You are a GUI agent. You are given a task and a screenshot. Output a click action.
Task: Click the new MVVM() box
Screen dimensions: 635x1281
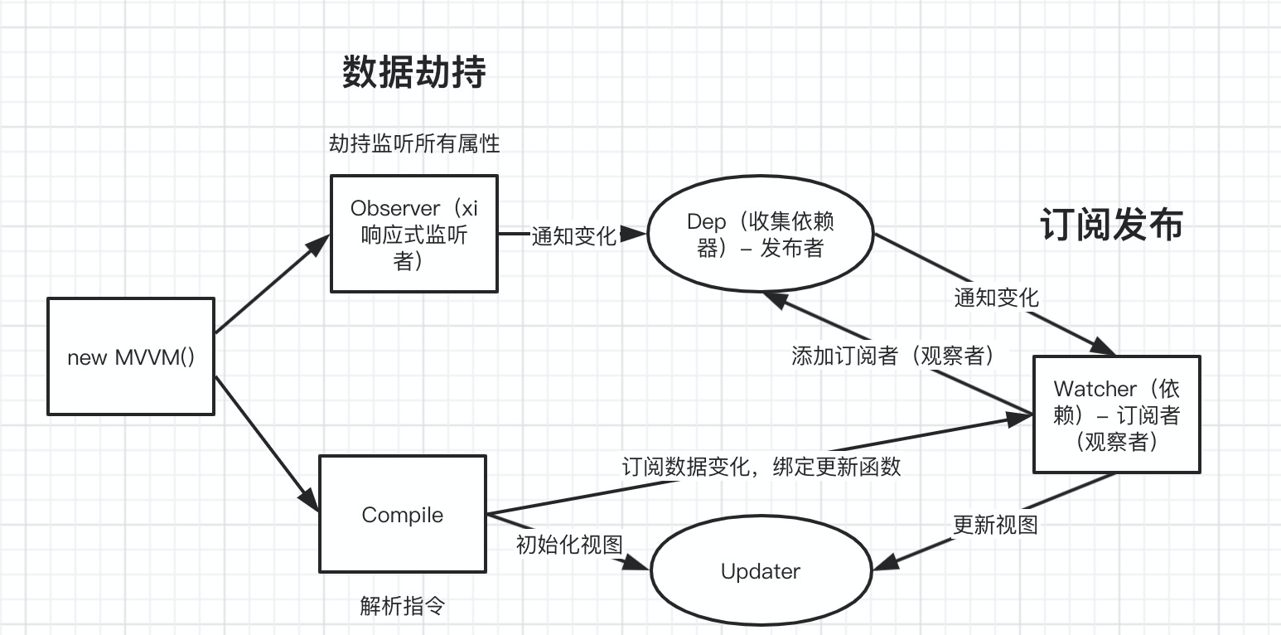pyautogui.click(x=131, y=356)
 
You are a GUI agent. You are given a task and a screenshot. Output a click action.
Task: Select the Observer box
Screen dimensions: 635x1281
pyautogui.click(x=413, y=233)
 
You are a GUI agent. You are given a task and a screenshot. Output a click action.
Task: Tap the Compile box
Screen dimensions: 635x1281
pyautogui.click(x=403, y=514)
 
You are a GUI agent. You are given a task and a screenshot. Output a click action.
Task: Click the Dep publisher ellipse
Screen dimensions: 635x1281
pyautogui.click(x=760, y=235)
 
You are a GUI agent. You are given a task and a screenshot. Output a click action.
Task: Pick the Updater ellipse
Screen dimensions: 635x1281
pyautogui.click(x=760, y=571)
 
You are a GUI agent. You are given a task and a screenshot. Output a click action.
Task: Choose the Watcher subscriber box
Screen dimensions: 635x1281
pyautogui.click(x=1116, y=414)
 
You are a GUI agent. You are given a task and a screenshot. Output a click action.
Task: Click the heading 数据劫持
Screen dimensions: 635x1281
pyautogui.click(x=413, y=73)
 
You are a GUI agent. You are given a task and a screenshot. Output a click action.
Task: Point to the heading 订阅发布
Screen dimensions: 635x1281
pyautogui.click(x=1111, y=225)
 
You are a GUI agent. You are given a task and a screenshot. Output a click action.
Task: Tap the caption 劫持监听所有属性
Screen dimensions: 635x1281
pyautogui.click(x=413, y=143)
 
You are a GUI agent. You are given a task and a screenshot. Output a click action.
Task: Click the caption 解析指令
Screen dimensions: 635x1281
pyautogui.click(x=403, y=606)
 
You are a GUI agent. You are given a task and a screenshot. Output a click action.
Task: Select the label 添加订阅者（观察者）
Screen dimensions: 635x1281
pyautogui.click(x=892, y=356)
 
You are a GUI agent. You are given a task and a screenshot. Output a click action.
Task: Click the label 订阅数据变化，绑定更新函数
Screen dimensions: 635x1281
pyautogui.click(x=761, y=467)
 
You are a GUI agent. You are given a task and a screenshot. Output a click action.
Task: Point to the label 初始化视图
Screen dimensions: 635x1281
pyautogui.click(x=568, y=545)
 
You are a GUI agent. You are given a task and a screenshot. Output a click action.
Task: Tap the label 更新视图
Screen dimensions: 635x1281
pyautogui.click(x=994, y=525)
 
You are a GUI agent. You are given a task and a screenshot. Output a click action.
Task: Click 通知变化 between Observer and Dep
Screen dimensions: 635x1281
pyautogui.click(x=573, y=236)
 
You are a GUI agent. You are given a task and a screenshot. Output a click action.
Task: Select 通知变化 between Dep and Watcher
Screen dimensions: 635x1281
pyautogui.click(x=996, y=298)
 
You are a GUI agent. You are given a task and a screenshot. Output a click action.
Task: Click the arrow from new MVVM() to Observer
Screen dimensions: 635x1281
pyautogui.click(x=269, y=284)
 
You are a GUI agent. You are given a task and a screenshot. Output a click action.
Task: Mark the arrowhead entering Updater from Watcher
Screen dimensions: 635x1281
pyautogui.click(x=884, y=563)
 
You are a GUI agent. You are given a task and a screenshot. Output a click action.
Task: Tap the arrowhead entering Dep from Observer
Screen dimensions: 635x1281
pyautogui.click(x=635, y=235)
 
